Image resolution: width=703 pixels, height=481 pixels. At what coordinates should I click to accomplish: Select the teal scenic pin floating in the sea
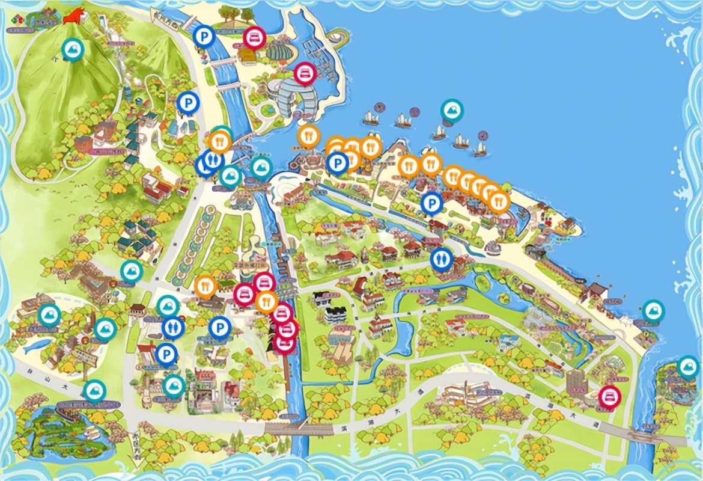pyautogui.click(x=451, y=109)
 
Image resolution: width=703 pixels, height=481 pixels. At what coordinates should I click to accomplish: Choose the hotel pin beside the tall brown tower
pyautogui.click(x=610, y=396)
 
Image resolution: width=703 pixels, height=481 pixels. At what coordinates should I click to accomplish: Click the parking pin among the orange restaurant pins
pyautogui.click(x=338, y=162)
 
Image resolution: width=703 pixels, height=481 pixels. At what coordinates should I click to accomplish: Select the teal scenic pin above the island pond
pyautogui.click(x=93, y=391)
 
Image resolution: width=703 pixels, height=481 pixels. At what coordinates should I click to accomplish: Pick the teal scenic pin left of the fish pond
pyautogui.click(x=49, y=315)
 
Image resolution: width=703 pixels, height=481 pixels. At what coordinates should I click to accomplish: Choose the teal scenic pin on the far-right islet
pyautogui.click(x=687, y=367)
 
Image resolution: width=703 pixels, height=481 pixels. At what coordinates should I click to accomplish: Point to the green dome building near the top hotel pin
pyautogui.click(x=278, y=52)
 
